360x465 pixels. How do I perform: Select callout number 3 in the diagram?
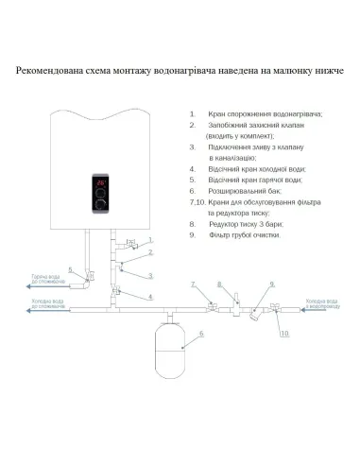tap(149, 276)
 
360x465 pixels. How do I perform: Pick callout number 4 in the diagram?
tap(148, 297)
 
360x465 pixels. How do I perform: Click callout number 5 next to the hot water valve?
tap(71, 270)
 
